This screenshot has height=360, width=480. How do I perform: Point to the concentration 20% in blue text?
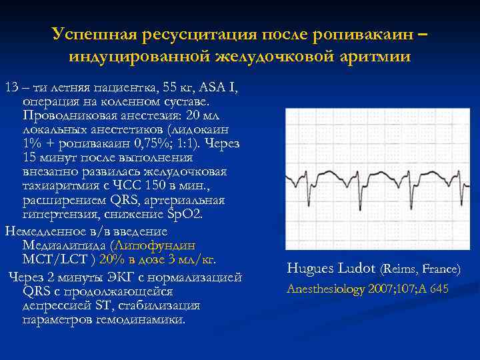(x=129, y=258)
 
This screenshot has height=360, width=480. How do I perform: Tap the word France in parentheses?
(x=439, y=270)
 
